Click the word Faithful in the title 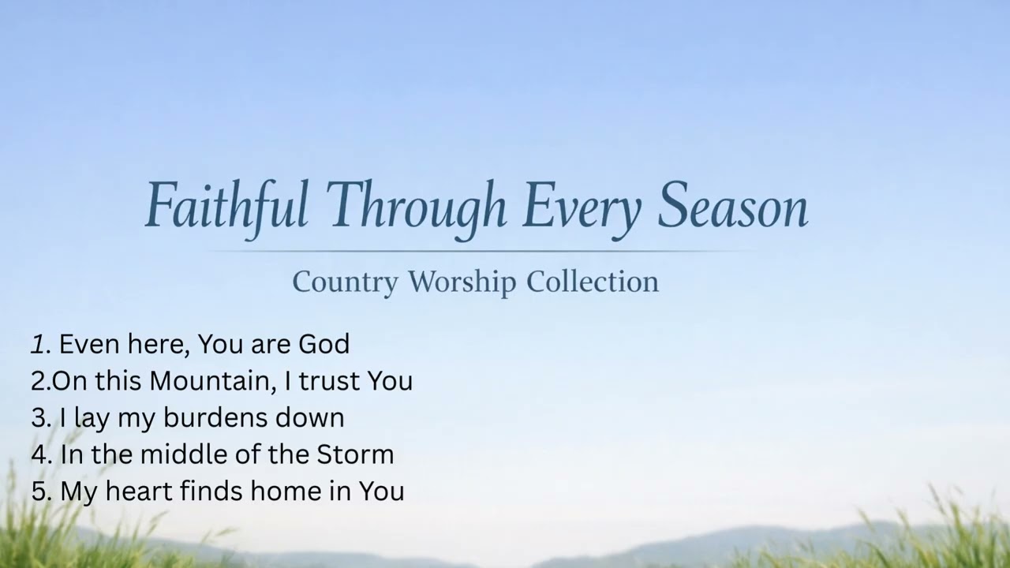pos(226,206)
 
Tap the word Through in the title pos(416,206)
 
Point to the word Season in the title pos(733,206)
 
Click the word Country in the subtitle pos(345,282)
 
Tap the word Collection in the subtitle pos(593,282)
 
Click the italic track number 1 pos(38,344)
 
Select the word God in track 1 pos(324,344)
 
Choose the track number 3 pos(39,417)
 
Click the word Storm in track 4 pos(355,454)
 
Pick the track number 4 pos(39,454)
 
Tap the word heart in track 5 pos(139,491)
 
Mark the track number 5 pos(39,491)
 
